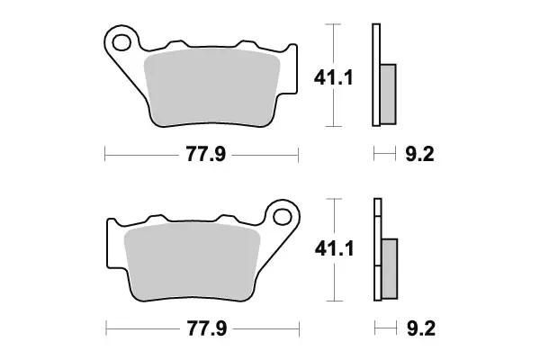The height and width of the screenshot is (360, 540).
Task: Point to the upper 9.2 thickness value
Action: (x=419, y=155)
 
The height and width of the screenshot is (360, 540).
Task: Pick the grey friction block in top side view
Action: (x=388, y=94)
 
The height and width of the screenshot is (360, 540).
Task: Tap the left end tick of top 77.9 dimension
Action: (x=105, y=155)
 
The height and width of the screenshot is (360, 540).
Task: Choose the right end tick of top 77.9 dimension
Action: (x=298, y=155)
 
